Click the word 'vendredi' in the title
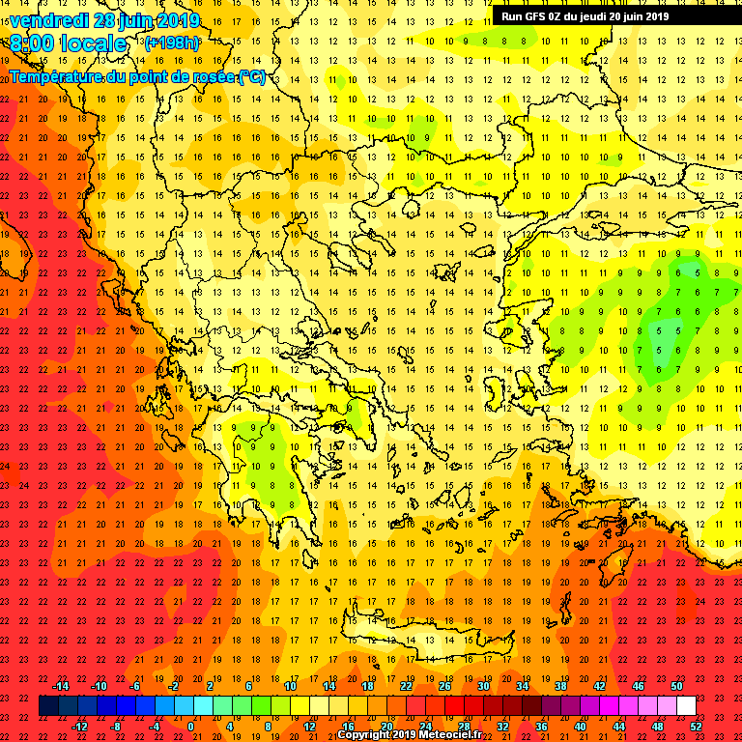click(x=48, y=20)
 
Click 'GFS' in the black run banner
click(x=540, y=15)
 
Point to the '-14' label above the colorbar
click(x=60, y=686)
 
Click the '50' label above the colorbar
click(x=676, y=686)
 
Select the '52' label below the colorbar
click(x=696, y=727)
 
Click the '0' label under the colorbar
click(x=192, y=727)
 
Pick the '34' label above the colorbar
click(x=522, y=686)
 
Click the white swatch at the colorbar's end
click(x=686, y=706)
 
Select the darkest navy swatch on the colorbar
click(x=49, y=706)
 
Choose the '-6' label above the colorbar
click(x=136, y=686)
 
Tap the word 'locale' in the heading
click(x=95, y=44)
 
